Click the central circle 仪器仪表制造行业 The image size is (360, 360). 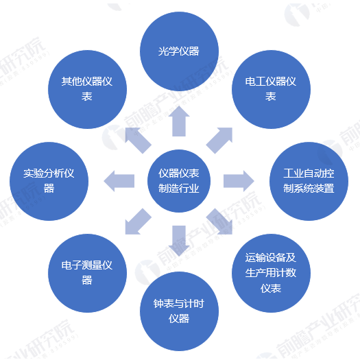point(179,181)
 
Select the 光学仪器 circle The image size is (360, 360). point(179,51)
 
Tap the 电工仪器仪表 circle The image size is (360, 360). point(271,89)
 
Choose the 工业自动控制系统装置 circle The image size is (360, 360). point(309,181)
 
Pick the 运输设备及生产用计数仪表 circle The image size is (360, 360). point(271,273)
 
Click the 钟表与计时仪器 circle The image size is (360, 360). point(179,311)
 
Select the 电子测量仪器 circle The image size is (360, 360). point(87,273)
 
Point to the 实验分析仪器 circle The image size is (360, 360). point(49,181)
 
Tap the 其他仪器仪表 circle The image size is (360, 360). point(87,89)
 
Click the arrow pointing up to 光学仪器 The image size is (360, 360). point(179,121)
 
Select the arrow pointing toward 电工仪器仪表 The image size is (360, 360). point(219,141)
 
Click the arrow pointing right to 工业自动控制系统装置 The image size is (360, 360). point(239,181)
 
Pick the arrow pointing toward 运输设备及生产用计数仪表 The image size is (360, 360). point(219,221)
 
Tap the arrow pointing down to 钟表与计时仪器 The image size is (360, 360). point(179,241)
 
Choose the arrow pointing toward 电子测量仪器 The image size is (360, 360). point(139,221)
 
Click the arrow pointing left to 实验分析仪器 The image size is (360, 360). point(119,181)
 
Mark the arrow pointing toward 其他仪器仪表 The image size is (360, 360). point(139,141)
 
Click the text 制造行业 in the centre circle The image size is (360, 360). point(179,189)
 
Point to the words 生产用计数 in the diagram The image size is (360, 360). point(271,273)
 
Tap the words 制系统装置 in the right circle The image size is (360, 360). point(309,189)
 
